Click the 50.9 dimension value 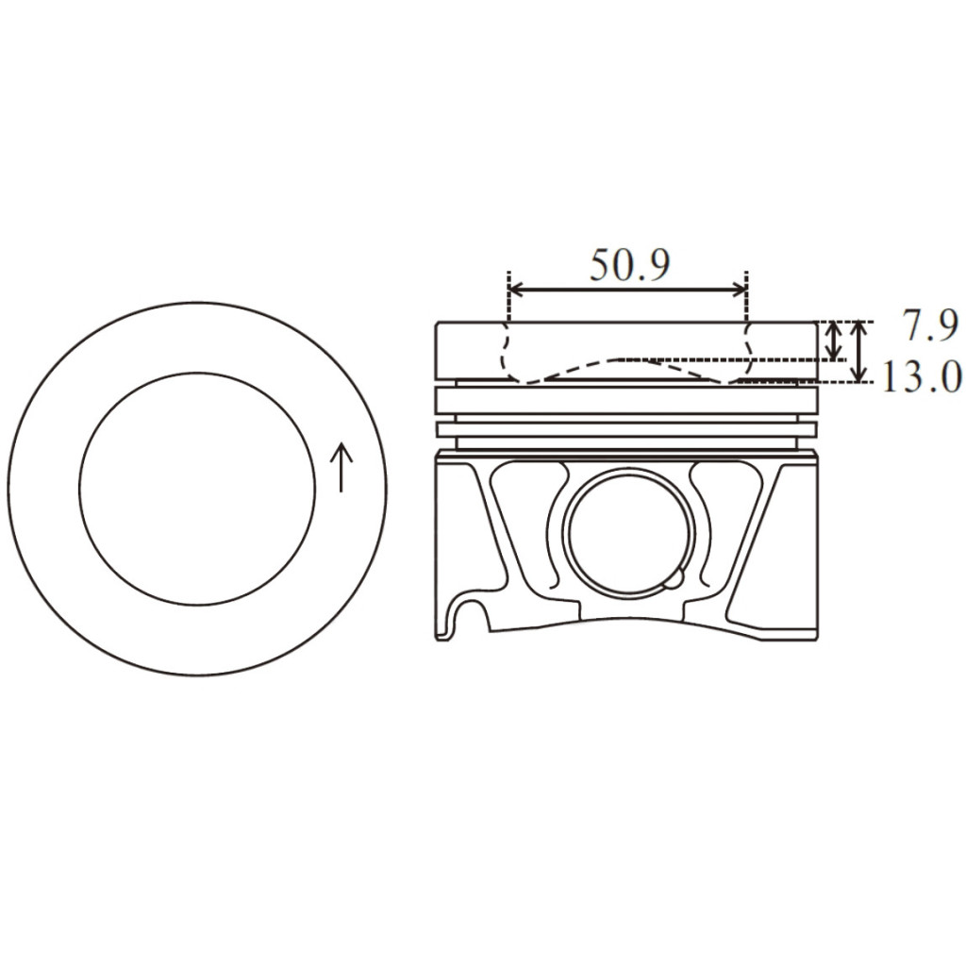629,265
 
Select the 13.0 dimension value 922,377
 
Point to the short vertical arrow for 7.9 834,341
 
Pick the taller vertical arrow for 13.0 858,351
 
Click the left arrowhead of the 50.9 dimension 516,289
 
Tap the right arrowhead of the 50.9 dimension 739,289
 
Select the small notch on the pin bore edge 675,578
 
